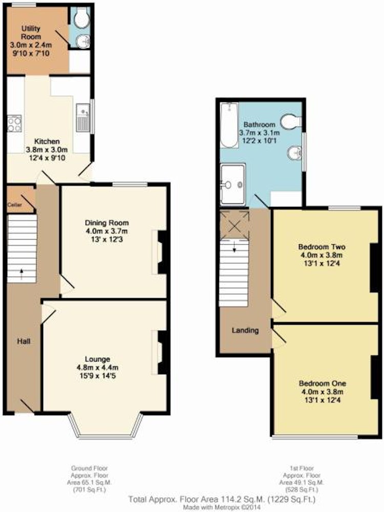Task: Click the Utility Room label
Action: (31, 32)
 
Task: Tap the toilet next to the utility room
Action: (81, 17)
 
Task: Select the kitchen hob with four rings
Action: (14, 123)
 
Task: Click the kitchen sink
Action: (83, 118)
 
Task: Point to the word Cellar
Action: (15, 205)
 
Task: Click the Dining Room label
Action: (107, 223)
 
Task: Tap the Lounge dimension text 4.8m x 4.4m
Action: (97, 367)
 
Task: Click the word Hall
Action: (24, 341)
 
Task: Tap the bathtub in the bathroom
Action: (229, 125)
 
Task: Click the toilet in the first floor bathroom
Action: (291, 121)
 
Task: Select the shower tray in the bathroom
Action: (233, 185)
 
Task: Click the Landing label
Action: (245, 330)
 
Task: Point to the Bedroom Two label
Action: (322, 247)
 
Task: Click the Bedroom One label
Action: (323, 383)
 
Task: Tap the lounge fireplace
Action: (160, 353)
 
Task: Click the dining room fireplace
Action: (160, 252)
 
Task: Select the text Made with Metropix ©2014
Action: (221, 507)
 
